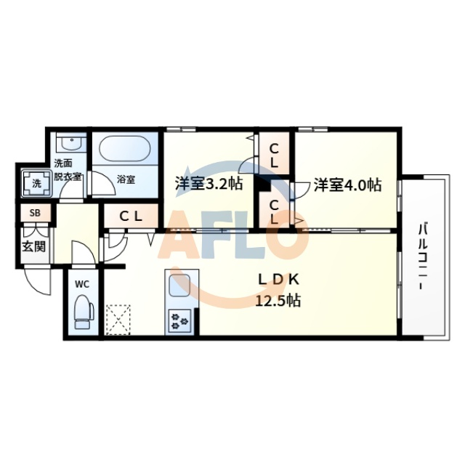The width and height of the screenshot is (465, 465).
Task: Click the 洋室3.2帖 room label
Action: point(208,184)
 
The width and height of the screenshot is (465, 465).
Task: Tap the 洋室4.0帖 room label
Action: point(347,185)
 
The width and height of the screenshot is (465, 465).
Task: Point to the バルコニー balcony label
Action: point(421,259)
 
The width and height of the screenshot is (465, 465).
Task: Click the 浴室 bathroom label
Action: point(126,178)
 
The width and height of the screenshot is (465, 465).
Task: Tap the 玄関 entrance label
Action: point(33,246)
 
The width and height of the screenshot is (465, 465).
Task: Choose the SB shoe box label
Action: point(33,214)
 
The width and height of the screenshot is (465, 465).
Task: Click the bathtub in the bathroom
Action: point(123,151)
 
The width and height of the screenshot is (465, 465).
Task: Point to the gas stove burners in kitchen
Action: point(179,320)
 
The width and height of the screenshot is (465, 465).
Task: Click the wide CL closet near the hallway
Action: point(130,215)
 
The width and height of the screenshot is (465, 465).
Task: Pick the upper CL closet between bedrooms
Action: point(275,154)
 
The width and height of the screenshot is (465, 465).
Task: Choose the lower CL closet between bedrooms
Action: point(275,211)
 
